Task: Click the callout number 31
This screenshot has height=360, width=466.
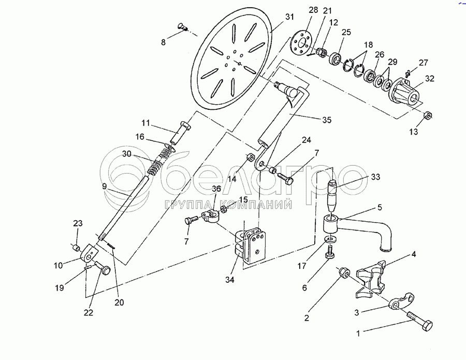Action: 289,17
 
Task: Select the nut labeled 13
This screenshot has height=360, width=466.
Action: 428,115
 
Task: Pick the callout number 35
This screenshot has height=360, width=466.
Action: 327,120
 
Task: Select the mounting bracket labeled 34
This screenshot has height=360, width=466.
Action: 251,244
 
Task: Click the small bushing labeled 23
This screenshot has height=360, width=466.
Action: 77,247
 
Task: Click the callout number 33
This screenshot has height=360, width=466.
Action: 375,177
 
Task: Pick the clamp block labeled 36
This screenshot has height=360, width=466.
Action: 211,215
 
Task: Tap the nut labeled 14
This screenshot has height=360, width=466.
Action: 250,156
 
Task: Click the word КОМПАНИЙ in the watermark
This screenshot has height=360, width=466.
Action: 257,205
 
